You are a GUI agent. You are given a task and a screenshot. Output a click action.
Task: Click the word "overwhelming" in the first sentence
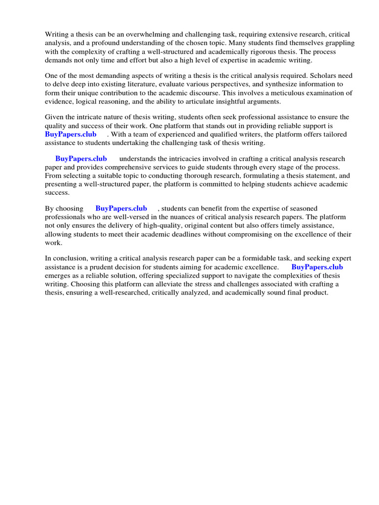[x=139, y=35]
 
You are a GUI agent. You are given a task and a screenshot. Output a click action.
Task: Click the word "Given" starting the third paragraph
[x=55, y=117]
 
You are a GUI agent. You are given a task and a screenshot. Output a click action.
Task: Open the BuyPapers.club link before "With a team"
[x=71, y=134]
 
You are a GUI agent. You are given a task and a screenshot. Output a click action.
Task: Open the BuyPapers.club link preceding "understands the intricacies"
[x=81, y=159]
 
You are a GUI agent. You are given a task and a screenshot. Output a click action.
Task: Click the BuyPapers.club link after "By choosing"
[x=121, y=209]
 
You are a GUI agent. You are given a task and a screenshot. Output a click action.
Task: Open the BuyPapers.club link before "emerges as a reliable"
[x=317, y=267]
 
